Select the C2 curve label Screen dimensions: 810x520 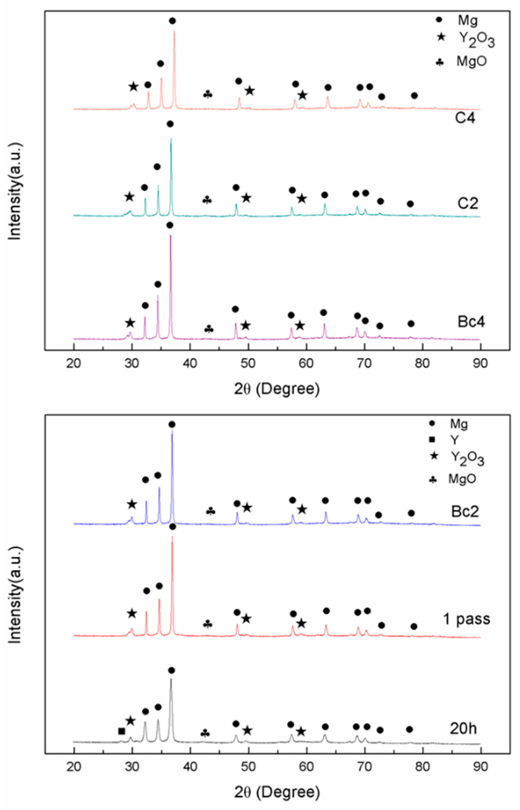click(x=468, y=204)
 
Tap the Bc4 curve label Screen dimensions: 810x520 click(x=471, y=322)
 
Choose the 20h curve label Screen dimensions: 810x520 click(x=463, y=729)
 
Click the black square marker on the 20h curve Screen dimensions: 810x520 click(x=122, y=731)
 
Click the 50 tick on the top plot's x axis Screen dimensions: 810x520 click(x=249, y=364)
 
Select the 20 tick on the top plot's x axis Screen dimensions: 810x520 click(x=74, y=364)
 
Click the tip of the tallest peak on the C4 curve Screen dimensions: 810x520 click(x=174, y=30)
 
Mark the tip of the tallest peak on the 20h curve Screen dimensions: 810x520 click(x=171, y=678)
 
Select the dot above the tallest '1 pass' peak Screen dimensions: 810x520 click(x=173, y=527)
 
